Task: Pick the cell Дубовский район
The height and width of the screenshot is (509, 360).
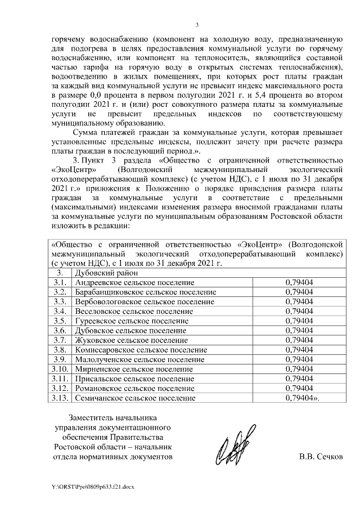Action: (101, 272)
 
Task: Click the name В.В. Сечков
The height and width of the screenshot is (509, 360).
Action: (321, 457)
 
